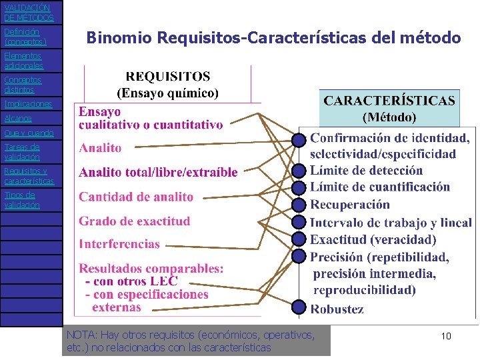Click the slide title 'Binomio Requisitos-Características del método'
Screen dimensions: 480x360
273,38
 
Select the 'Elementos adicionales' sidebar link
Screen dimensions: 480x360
23,61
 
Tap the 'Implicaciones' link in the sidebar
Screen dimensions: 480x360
28,104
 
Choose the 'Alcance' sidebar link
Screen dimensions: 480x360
17,119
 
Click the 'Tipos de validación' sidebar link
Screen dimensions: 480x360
22,200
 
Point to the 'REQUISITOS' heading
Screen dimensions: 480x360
168,77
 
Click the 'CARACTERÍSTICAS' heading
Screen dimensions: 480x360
389,101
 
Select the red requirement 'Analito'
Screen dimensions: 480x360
100,148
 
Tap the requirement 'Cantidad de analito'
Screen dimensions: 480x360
136,197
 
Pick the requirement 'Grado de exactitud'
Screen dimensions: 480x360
135,221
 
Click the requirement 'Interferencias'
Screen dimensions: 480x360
119,244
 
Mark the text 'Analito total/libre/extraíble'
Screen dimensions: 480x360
158,173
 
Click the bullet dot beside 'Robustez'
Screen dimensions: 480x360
299,307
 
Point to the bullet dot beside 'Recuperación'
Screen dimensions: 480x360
299,205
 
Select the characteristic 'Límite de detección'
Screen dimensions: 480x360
366,171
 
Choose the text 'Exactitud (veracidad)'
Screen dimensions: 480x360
373,239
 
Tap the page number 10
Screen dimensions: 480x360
446,336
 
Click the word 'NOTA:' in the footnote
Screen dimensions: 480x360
81,335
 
